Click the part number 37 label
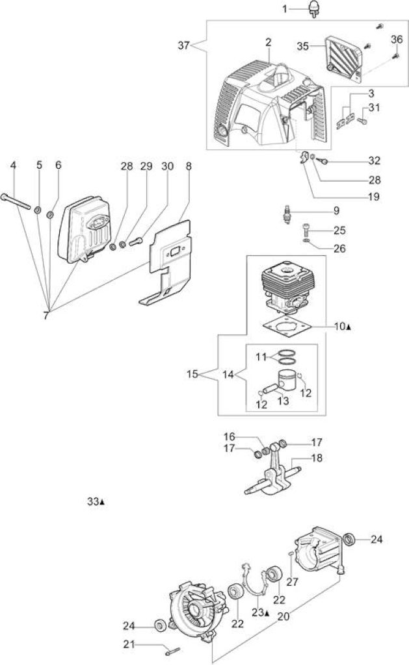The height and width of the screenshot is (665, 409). tap(183, 45)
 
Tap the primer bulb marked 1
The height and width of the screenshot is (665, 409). tap(314, 9)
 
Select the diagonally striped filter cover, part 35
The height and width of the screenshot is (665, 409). tap(343, 57)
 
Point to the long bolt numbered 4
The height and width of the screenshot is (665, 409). tap(16, 202)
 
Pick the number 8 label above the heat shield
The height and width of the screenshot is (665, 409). tap(189, 166)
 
